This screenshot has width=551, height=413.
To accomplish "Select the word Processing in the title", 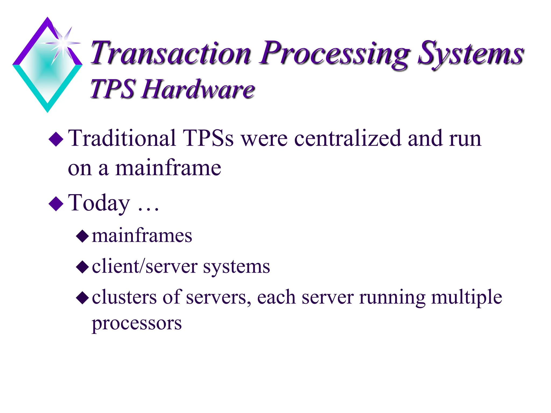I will pyautogui.click(x=334, y=54).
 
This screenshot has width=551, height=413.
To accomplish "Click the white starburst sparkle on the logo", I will pyautogui.click(x=63, y=43).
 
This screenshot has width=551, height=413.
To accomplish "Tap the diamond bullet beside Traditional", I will pyautogui.click(x=56, y=139).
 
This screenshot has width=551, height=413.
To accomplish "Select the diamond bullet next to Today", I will pyautogui.click(x=56, y=204).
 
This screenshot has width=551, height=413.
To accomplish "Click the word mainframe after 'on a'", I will pyautogui.click(x=168, y=168).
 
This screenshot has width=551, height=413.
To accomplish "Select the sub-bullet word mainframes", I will pyautogui.click(x=142, y=236).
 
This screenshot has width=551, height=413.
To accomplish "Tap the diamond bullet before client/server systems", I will pyautogui.click(x=82, y=267).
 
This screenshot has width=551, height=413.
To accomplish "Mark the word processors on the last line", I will pyautogui.click(x=137, y=323).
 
